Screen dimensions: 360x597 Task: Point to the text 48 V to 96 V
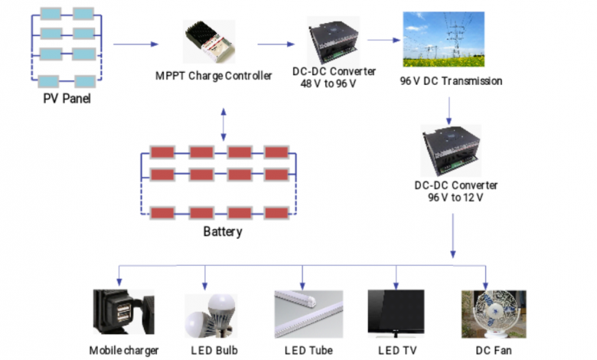click(x=332, y=83)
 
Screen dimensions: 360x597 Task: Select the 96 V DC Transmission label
click(x=452, y=81)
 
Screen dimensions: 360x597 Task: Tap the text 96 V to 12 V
click(x=457, y=197)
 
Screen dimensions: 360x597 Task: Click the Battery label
click(x=223, y=232)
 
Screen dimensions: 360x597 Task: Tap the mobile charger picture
click(x=121, y=314)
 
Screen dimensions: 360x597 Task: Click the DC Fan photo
click(x=486, y=314)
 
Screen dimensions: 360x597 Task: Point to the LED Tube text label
click(x=308, y=351)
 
